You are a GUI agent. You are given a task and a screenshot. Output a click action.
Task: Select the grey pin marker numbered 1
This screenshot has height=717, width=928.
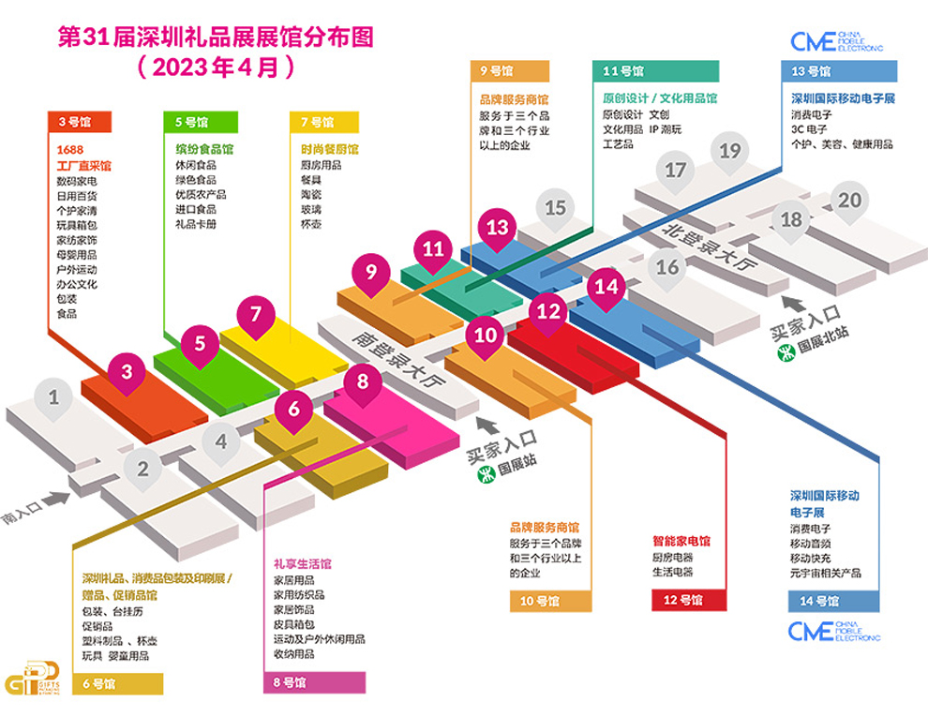[x=53, y=396]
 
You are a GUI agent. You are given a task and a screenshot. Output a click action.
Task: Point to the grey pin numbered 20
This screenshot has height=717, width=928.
[x=849, y=201]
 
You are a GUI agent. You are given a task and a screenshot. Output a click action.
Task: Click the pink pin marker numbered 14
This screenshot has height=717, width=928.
[x=607, y=285]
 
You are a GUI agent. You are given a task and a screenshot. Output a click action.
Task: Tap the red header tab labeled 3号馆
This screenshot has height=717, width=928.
[x=79, y=121]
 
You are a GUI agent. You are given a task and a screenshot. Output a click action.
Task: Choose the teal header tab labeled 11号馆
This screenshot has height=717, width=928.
[x=656, y=71]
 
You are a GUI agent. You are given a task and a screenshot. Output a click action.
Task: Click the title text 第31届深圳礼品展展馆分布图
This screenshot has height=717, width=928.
[x=216, y=38]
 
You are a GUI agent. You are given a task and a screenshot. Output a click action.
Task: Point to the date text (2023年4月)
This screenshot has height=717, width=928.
[x=216, y=68]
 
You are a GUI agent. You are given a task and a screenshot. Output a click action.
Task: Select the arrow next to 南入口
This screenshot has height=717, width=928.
[x=56, y=500]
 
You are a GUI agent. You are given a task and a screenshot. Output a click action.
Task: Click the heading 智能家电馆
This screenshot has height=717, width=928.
[x=681, y=541]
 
